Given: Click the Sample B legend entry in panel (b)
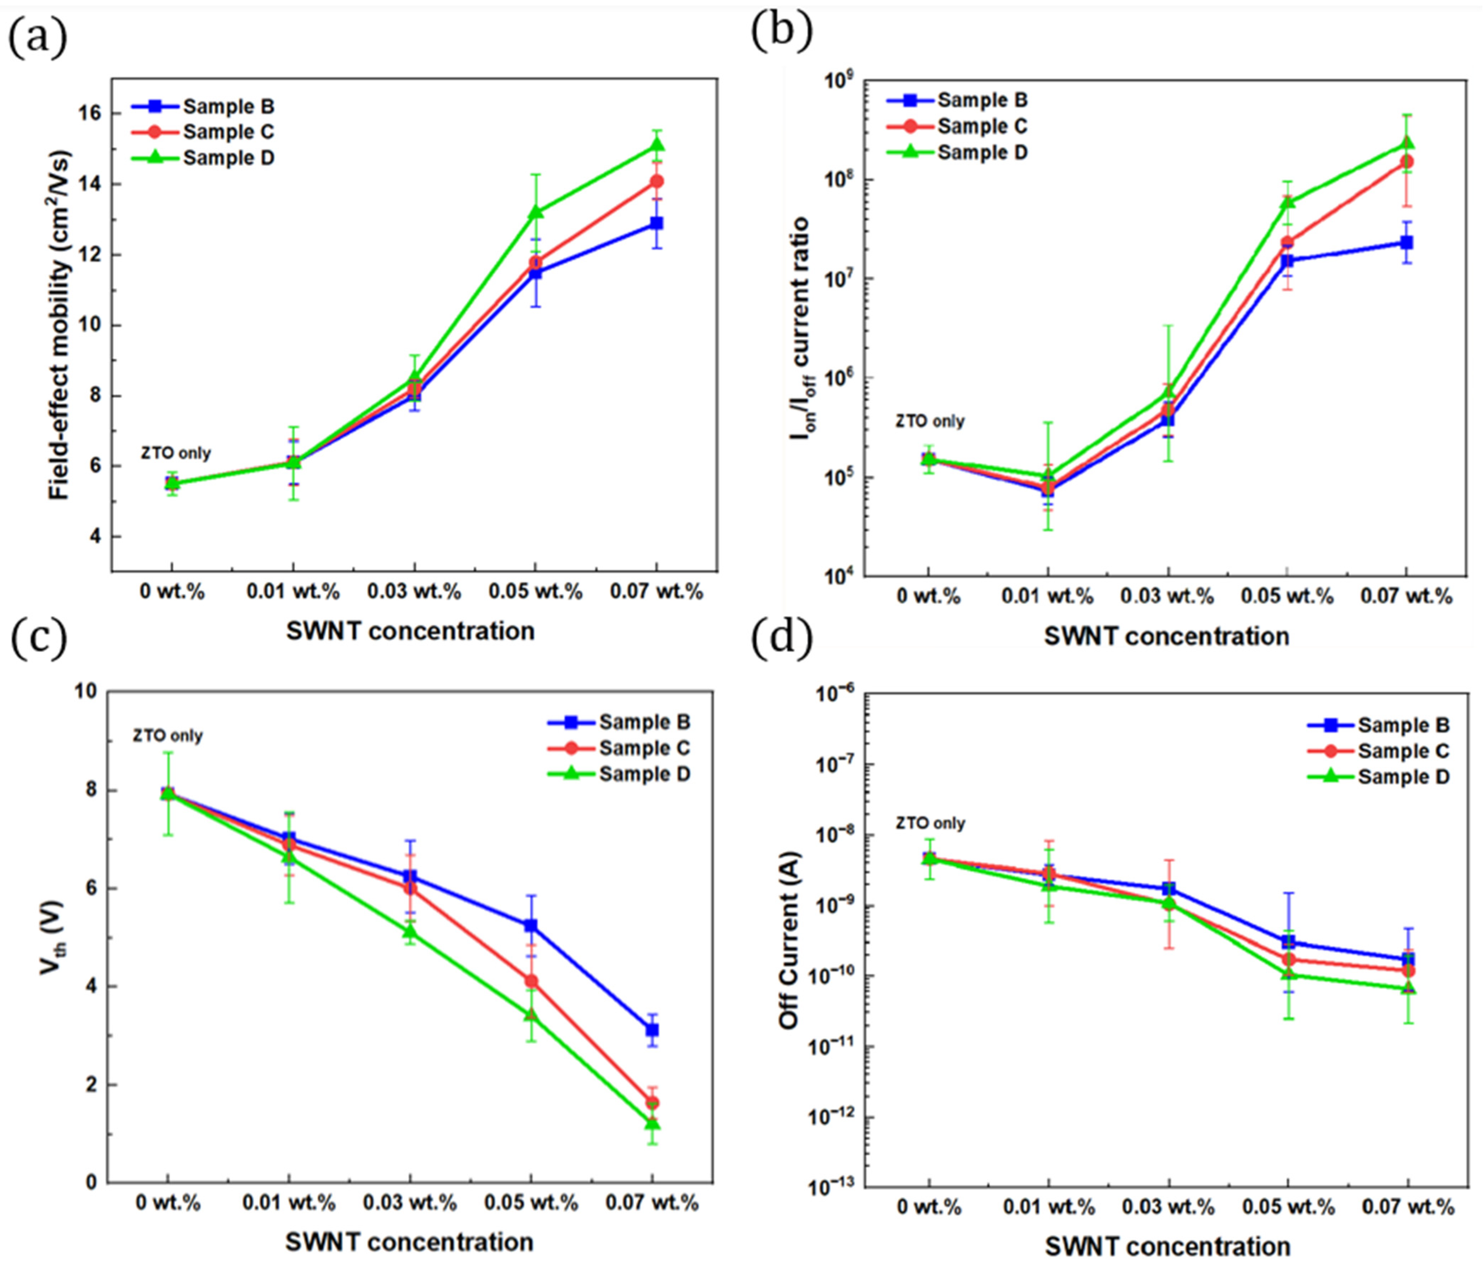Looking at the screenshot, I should pyautogui.click(x=982, y=100).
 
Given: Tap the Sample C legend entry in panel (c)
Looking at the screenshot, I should pyautogui.click(x=644, y=748).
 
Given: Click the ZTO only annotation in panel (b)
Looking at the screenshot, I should pyautogui.click(x=930, y=421).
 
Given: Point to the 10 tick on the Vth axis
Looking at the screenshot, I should pyautogui.click(x=85, y=692).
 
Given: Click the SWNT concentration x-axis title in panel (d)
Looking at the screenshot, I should pyautogui.click(x=1167, y=1246).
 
